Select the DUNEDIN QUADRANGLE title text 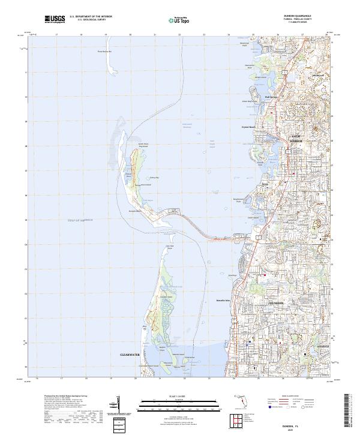point(304,16)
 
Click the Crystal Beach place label point(248,127)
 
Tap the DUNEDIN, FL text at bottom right point(305,423)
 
